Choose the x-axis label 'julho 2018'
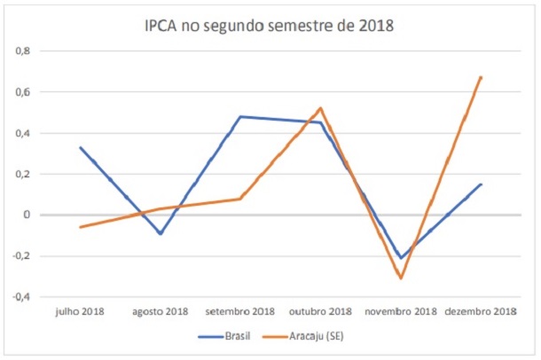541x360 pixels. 80,311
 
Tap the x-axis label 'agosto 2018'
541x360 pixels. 161,311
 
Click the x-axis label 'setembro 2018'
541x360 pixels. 240,311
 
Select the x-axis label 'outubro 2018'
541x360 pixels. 320,311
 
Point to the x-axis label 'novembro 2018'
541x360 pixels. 401,311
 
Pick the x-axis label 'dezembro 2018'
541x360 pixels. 481,311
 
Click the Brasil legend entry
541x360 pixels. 228,338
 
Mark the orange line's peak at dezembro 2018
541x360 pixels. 481,77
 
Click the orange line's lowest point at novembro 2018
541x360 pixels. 401,278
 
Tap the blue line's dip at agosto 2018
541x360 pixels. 161,233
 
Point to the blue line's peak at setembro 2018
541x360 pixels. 240,116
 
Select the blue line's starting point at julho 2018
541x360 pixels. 80,147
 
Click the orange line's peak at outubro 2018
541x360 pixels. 320,108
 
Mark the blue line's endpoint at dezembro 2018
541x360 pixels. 481,184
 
